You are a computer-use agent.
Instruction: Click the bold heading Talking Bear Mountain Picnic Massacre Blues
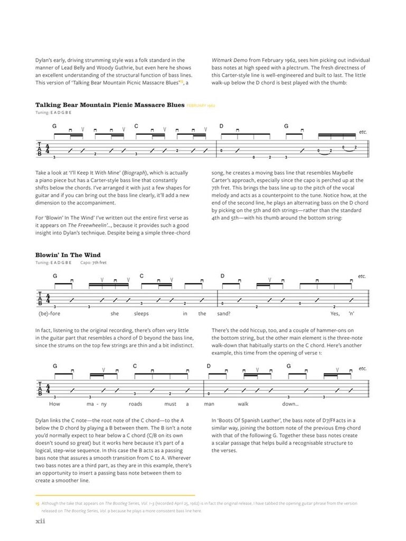coord(110,105)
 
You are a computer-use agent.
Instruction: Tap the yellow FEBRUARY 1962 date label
coord(201,106)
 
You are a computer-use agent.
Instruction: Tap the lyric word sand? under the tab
coord(224,314)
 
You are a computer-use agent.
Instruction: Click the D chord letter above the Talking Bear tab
coord(222,127)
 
